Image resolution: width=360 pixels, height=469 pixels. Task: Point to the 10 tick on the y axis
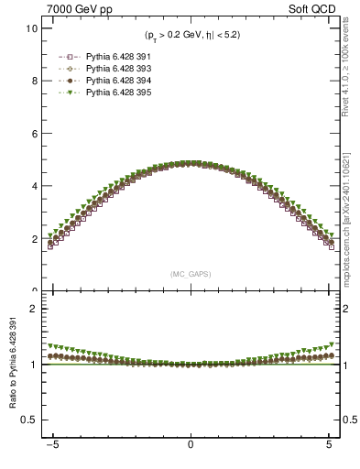[x=32, y=28]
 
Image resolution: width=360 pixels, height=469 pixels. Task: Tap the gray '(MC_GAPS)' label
[x=190, y=274]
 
